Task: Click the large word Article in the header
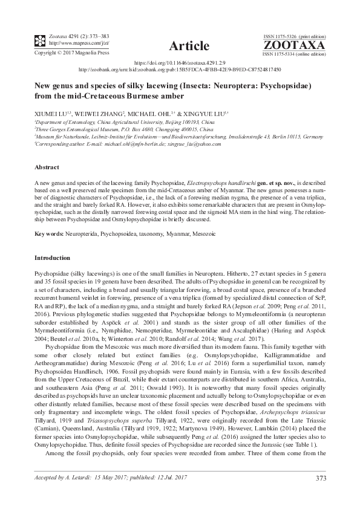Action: (189, 46)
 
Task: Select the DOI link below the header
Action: (180, 62)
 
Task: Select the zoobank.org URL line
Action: (180, 70)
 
